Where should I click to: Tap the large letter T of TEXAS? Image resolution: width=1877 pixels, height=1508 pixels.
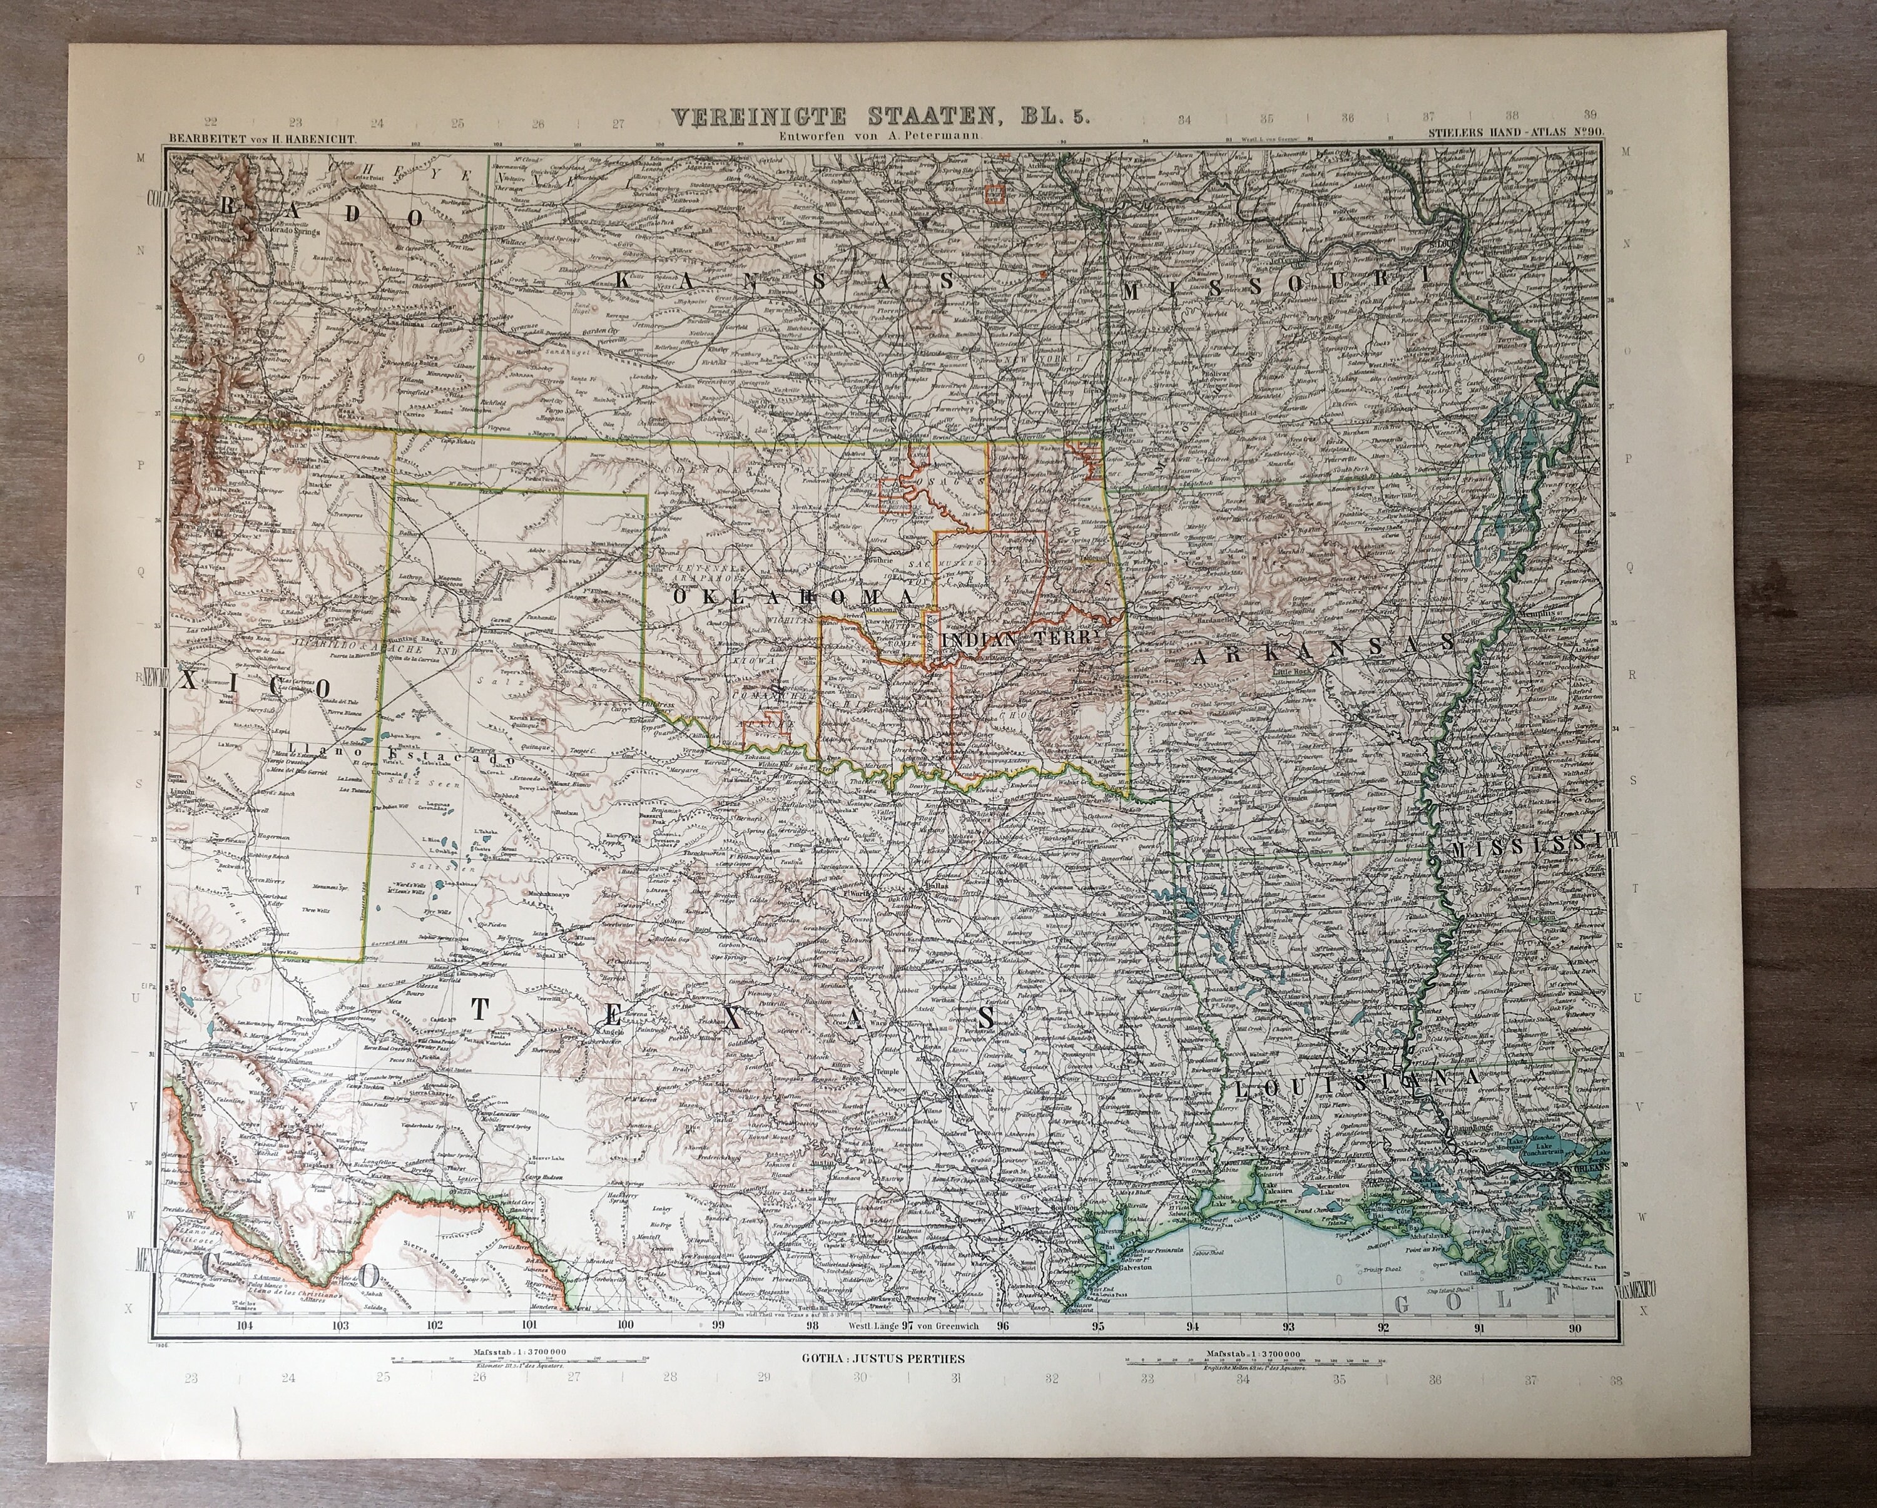point(479,1008)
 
